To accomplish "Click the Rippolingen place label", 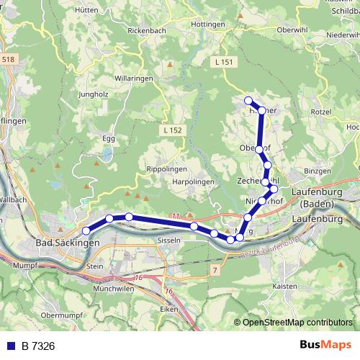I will [167, 169].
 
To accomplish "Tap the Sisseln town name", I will [167, 240].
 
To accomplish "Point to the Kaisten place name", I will [286, 286].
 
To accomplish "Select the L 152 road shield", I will [173, 130].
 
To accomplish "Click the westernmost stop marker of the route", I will [86, 230].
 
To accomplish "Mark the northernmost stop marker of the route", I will [248, 100].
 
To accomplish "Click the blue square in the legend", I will [11, 346].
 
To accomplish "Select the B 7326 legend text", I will [38, 346].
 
